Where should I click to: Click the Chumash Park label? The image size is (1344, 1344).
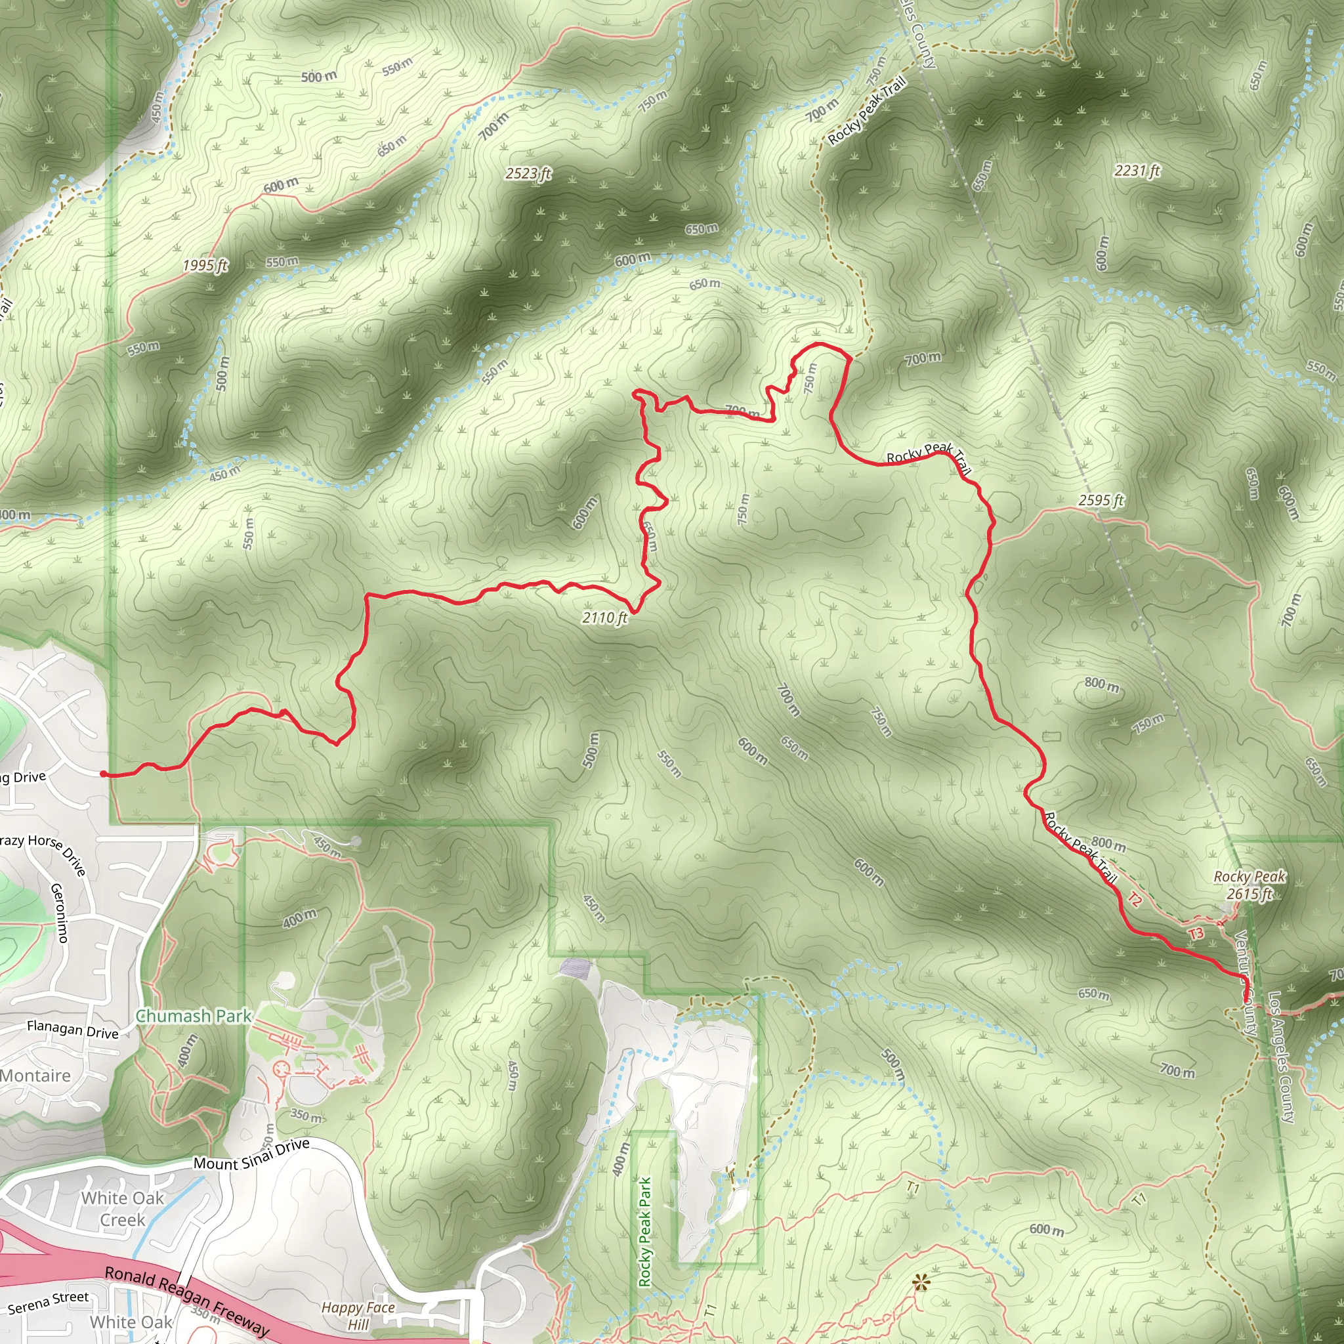click(194, 1017)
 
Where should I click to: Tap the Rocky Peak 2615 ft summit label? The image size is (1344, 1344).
click(1249, 885)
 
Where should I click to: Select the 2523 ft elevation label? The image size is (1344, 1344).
click(528, 173)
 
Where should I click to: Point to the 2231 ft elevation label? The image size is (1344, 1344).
click(1137, 171)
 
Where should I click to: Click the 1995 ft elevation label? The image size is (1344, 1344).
click(205, 265)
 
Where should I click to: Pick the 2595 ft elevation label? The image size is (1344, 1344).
click(1101, 500)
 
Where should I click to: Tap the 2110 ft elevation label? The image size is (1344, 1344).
click(604, 617)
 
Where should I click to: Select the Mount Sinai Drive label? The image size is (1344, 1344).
click(251, 1154)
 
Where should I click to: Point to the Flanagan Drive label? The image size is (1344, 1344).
click(73, 1029)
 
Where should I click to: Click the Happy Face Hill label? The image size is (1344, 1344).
click(358, 1316)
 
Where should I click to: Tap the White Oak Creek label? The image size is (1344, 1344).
click(123, 1208)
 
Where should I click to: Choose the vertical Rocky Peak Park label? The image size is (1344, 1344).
click(645, 1231)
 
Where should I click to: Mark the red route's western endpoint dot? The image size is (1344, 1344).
click(104, 774)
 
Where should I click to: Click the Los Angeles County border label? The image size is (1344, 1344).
click(1281, 1057)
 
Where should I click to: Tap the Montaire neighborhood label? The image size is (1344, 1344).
click(35, 1076)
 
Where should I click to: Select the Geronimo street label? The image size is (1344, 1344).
click(60, 912)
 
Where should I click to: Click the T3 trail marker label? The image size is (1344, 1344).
click(1195, 934)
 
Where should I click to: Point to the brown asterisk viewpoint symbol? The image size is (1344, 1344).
click(921, 1282)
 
